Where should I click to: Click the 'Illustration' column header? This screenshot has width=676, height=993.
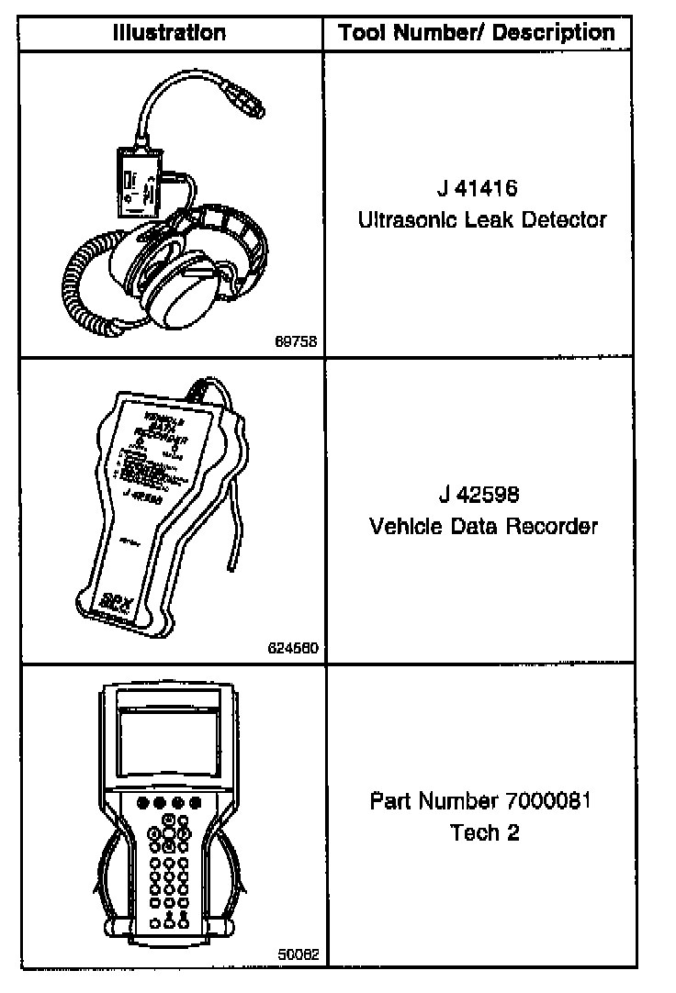click(x=169, y=33)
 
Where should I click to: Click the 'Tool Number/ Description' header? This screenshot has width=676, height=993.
click(x=477, y=33)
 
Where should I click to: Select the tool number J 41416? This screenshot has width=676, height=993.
click(x=478, y=190)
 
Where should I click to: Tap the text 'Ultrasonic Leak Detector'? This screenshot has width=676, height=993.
click(x=482, y=220)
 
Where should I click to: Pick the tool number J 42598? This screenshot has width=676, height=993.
click(x=479, y=496)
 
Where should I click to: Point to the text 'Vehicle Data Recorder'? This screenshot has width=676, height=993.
click(x=483, y=527)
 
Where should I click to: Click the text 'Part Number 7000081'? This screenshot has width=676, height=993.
click(x=479, y=800)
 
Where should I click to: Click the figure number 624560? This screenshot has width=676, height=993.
click(x=293, y=647)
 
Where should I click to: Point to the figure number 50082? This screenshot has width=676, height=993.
click(x=298, y=954)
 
